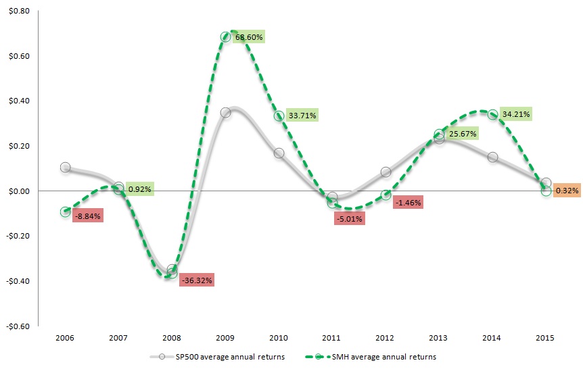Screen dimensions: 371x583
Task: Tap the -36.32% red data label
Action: pos(197,280)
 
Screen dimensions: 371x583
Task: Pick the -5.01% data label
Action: pos(350,218)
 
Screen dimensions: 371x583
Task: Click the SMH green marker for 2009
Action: pos(226,36)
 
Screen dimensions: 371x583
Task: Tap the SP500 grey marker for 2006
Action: pos(65,167)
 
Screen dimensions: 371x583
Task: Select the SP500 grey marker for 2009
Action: pos(226,112)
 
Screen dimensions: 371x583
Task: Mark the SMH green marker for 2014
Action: pos(493,115)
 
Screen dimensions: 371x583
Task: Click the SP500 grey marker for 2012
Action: pos(386,172)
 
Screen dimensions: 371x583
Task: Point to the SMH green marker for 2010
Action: pos(279,116)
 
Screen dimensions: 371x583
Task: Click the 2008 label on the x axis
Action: pos(172,336)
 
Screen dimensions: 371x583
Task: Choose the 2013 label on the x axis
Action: pos(440,336)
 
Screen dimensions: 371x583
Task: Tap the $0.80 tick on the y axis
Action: pos(19,11)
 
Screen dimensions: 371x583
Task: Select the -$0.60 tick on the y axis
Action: pos(18,326)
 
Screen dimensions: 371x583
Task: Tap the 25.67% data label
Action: pos(461,134)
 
